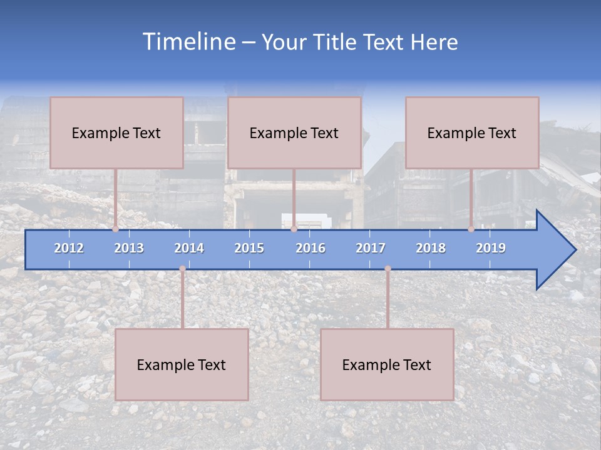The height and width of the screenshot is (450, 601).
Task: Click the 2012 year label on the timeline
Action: (69, 248)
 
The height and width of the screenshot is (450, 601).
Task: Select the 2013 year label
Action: (129, 248)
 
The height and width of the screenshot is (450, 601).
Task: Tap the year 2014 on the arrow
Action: (189, 248)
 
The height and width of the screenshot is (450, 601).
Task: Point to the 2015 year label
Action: (249, 248)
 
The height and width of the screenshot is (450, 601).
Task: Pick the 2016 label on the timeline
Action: (311, 248)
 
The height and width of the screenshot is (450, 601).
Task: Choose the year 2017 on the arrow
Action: (371, 248)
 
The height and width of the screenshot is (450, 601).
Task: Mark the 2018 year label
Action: (431, 248)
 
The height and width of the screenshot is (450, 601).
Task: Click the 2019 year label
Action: (491, 248)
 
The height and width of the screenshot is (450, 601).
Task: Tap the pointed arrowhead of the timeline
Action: (557, 250)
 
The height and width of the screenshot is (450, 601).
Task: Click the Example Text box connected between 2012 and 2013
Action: (116, 132)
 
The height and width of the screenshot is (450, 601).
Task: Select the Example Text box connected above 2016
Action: (294, 132)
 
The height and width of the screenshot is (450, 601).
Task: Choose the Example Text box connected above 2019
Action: (472, 132)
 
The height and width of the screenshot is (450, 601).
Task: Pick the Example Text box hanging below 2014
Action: (182, 364)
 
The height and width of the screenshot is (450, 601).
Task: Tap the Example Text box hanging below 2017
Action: (387, 364)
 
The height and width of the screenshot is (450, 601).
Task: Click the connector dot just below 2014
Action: (182, 269)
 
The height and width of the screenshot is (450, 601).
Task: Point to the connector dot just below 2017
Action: (388, 269)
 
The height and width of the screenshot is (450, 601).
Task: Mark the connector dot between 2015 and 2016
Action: (294, 229)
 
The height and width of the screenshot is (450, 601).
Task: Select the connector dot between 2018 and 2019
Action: (471, 229)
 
